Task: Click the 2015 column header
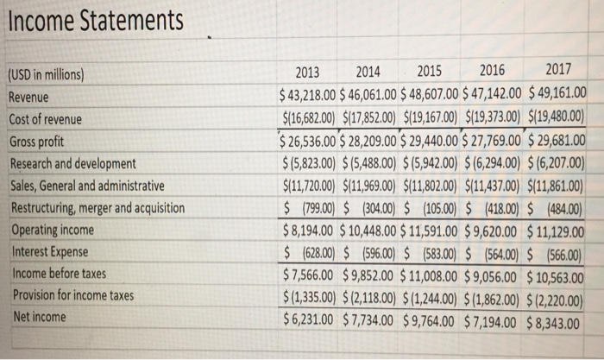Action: point(432,72)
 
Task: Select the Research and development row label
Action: point(72,162)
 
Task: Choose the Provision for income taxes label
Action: point(72,295)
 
